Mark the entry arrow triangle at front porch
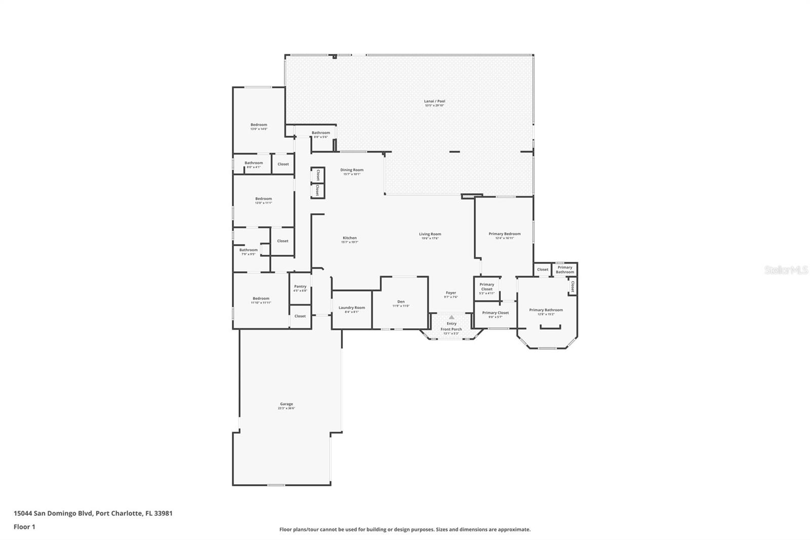coord(452,317)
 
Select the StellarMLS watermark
coord(786,271)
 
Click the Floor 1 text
coord(24,527)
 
